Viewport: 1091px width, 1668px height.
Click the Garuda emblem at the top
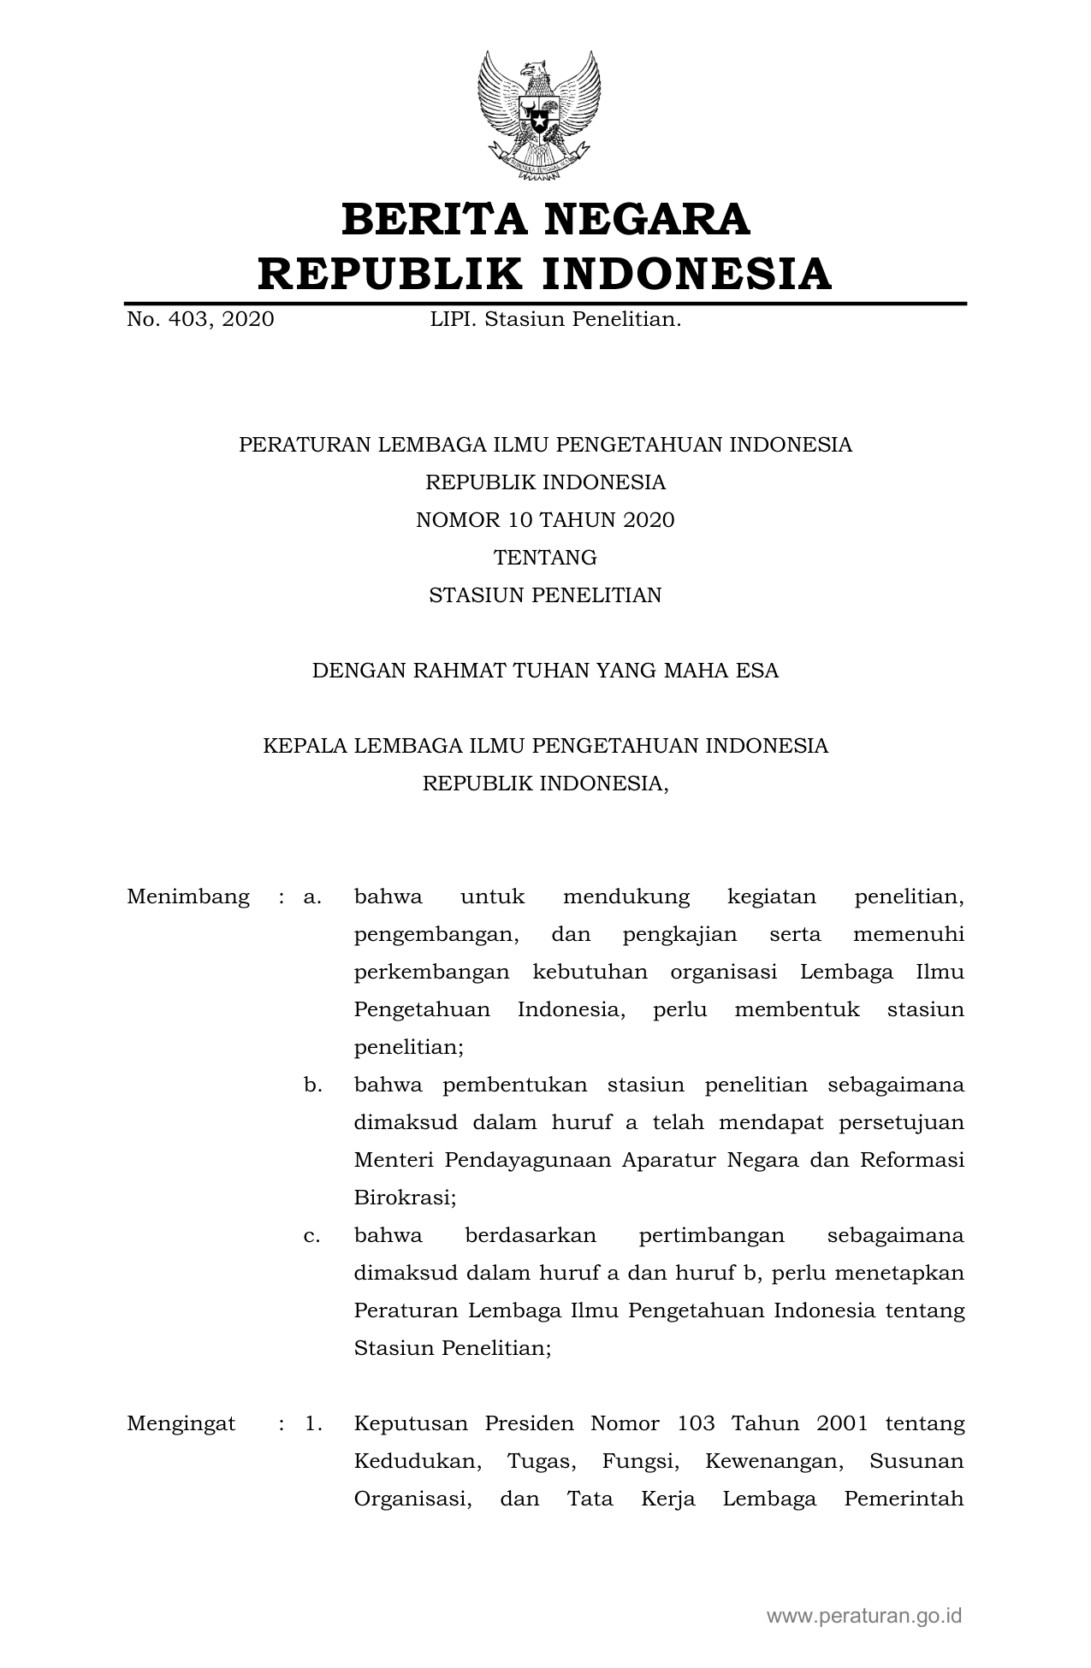point(538,115)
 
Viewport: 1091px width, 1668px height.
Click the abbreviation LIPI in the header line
point(451,320)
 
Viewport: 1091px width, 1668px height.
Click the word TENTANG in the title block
point(545,558)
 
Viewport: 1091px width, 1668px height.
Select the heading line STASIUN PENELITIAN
point(545,595)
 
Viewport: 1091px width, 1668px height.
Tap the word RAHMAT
point(457,671)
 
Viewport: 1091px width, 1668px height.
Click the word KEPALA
point(305,746)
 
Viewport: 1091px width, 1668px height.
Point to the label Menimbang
point(188,896)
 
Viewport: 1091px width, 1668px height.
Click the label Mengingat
point(181,1423)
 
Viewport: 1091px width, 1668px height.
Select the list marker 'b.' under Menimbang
point(313,1085)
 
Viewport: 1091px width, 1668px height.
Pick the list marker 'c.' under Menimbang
point(312,1235)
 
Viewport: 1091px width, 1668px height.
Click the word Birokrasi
point(405,1198)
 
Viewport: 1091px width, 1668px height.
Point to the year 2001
point(842,1423)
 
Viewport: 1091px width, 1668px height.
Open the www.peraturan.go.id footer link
point(864,1615)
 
